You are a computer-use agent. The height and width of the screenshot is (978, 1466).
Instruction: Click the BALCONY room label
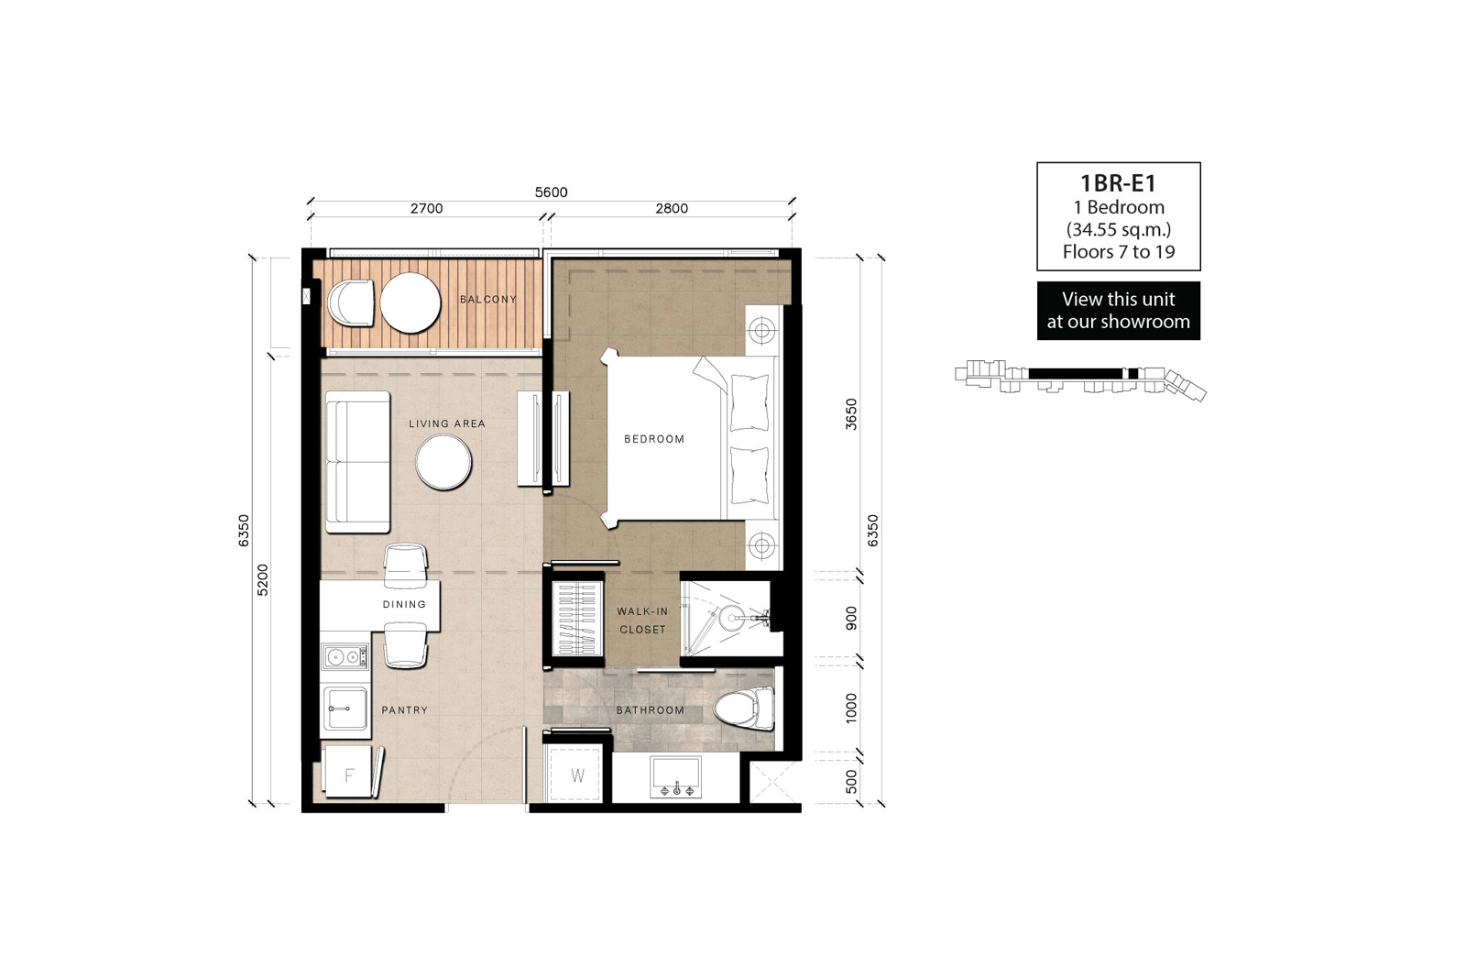click(x=488, y=299)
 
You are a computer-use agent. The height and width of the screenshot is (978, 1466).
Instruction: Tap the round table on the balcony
click(x=410, y=303)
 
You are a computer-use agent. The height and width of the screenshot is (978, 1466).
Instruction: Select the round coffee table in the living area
click(x=443, y=462)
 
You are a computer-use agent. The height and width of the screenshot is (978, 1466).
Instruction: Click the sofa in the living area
click(x=358, y=462)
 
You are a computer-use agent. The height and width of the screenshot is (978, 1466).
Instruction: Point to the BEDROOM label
click(x=654, y=439)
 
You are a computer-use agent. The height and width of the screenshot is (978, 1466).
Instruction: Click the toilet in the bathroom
click(x=743, y=709)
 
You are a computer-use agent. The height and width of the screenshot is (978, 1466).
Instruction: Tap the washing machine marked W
click(x=576, y=775)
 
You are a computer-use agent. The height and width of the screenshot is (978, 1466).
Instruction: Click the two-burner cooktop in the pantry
click(x=345, y=656)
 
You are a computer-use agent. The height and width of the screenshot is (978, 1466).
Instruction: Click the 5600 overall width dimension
click(x=551, y=192)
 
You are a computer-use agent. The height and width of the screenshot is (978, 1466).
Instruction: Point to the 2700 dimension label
click(x=427, y=209)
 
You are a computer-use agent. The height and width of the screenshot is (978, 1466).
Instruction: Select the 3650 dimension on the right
click(x=851, y=413)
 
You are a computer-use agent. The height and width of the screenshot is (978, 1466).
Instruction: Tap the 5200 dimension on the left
click(x=262, y=579)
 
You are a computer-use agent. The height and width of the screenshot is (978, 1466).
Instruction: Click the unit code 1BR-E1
click(x=1119, y=183)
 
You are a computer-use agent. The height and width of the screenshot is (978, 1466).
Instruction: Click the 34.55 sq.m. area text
click(x=1119, y=229)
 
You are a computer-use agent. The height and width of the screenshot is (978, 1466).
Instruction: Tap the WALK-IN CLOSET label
click(x=642, y=621)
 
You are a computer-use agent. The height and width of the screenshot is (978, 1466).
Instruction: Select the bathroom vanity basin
click(x=675, y=777)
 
